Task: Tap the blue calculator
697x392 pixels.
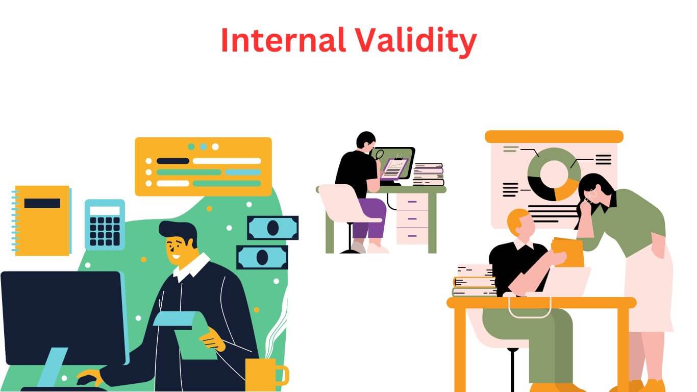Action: click(105, 225)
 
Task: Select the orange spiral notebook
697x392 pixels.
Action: click(42, 220)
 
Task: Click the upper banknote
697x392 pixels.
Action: click(272, 228)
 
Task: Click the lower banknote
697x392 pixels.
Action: click(262, 257)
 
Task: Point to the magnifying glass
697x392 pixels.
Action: click(379, 155)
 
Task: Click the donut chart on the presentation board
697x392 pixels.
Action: click(553, 174)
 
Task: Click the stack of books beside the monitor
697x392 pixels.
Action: click(428, 175)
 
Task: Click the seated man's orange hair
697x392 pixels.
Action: click(516, 219)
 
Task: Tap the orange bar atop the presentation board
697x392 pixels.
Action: click(554, 136)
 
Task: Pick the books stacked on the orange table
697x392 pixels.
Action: click(474, 281)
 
